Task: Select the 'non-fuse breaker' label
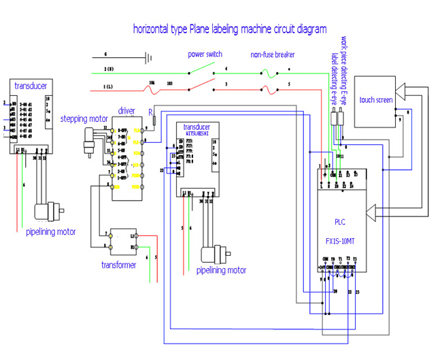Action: [x=273, y=54]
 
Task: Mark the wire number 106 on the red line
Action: [x=151, y=81]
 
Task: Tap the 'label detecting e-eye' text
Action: [x=335, y=79]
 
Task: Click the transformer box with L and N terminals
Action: [x=120, y=239]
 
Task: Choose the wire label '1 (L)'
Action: [x=109, y=87]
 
